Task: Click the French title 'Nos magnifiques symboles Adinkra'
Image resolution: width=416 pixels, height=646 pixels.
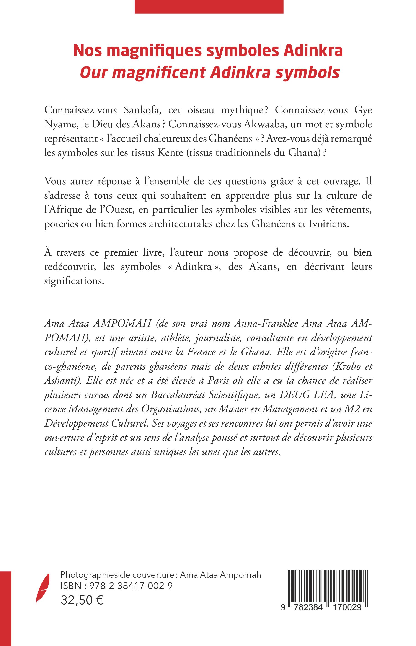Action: (x=208, y=51)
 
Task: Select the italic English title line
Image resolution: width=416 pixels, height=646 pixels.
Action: (x=210, y=73)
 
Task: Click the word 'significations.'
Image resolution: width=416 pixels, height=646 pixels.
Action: (x=74, y=281)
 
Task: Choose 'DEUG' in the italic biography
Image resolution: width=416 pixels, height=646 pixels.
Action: (x=293, y=395)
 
